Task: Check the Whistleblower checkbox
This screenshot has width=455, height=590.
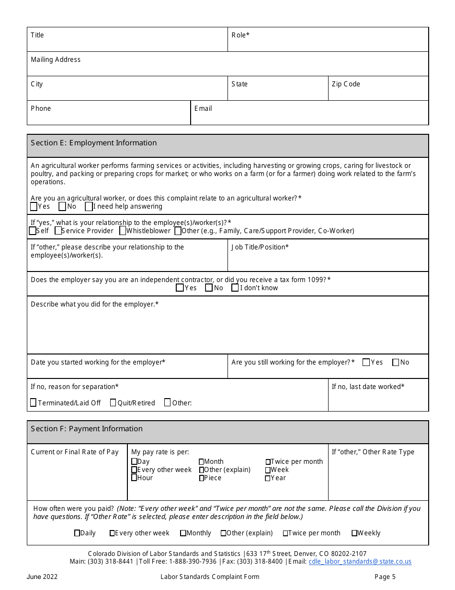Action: tap(123, 231)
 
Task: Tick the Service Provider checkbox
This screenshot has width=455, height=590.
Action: tap(58, 231)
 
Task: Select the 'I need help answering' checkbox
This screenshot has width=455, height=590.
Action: tap(89, 206)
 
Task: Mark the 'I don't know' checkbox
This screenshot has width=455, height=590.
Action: tap(235, 288)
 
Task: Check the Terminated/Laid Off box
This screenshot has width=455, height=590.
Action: tap(33, 402)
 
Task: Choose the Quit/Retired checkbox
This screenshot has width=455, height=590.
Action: tap(113, 402)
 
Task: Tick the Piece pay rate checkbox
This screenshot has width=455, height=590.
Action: tap(202, 478)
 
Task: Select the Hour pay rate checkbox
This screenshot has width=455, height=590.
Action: tap(134, 478)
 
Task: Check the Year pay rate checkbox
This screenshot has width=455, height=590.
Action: tap(268, 478)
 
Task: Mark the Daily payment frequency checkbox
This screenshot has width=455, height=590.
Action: tap(77, 533)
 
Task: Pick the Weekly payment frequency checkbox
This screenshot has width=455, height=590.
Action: tap(354, 533)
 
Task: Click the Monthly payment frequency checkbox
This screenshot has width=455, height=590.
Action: tap(183, 533)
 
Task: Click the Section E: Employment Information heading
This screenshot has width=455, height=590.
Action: tap(94, 143)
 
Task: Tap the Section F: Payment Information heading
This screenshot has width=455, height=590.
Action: tap(87, 429)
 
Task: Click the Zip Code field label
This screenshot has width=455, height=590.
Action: tap(346, 84)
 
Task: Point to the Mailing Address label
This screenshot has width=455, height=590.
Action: tap(56, 59)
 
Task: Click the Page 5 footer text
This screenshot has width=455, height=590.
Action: tap(385, 577)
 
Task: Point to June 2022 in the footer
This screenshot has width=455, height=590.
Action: tap(42, 577)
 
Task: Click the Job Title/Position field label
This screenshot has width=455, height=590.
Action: tap(260, 247)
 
